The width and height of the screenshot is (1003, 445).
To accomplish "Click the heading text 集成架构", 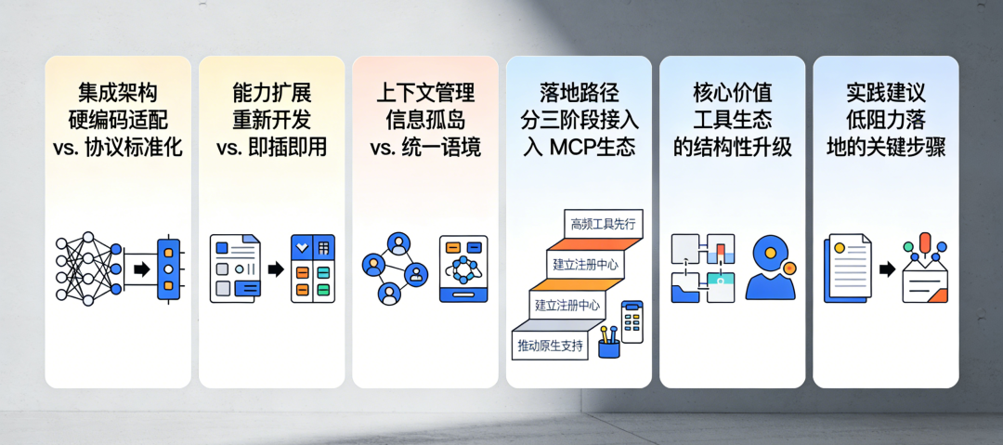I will (x=118, y=93).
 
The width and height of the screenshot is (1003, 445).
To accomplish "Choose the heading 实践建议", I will (x=886, y=93).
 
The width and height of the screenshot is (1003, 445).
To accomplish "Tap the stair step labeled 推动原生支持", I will (x=551, y=346).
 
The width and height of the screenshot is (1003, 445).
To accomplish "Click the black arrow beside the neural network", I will (x=141, y=269).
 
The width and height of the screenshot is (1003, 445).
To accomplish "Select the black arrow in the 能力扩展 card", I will (x=276, y=269).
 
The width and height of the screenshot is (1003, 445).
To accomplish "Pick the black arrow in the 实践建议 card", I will (x=887, y=269).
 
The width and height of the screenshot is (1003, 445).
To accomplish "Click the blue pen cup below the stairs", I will (x=609, y=347).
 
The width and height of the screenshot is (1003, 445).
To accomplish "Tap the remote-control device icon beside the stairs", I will (x=632, y=321).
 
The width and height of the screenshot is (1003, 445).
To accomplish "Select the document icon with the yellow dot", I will (x=847, y=267).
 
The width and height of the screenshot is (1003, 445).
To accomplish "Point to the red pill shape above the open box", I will (x=925, y=244).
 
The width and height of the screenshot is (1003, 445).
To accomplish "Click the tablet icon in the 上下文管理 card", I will (x=462, y=268).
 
